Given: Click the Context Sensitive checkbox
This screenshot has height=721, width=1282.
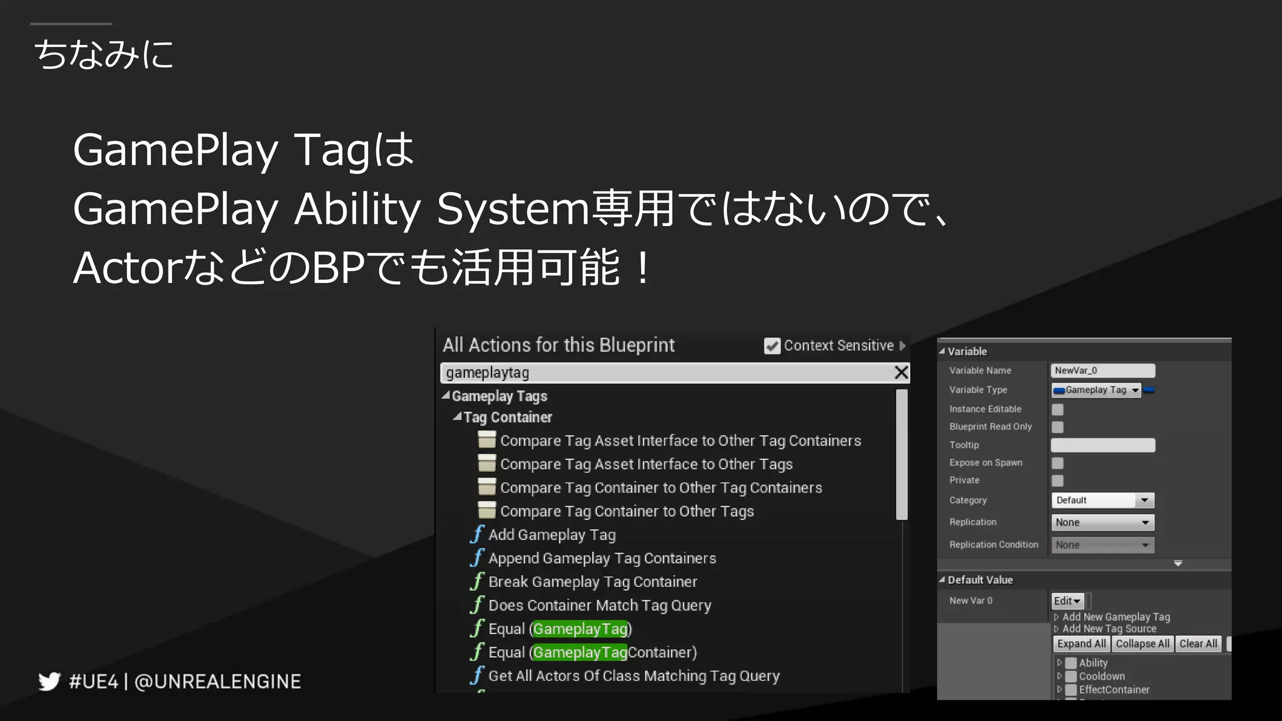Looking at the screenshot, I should [772, 346].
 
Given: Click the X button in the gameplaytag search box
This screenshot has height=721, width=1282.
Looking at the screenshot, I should [901, 372].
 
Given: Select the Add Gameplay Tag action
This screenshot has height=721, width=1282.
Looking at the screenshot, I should [551, 534].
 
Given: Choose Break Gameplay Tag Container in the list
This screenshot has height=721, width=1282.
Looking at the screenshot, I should [592, 581].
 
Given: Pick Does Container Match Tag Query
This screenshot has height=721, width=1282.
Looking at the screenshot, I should [599, 605].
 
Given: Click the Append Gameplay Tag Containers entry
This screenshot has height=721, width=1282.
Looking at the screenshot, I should [602, 558].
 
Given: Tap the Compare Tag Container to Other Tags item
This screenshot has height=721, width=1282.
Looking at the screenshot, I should [627, 511].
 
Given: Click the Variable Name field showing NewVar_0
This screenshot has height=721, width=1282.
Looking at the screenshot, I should [1102, 371].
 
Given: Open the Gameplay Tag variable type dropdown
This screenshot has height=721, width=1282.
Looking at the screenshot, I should [1097, 390].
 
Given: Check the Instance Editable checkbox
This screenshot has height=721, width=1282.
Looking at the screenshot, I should [1058, 409].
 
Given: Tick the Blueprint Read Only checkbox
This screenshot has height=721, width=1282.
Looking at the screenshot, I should [1058, 427].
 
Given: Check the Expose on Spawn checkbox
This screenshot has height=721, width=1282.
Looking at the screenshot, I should [1058, 463].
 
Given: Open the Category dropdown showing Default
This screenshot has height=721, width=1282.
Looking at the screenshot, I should [1102, 500].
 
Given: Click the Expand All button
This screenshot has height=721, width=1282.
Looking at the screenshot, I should [1081, 643].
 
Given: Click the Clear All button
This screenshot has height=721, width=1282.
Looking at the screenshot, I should [1198, 643].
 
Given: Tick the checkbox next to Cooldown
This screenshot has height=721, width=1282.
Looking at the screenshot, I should [1071, 676].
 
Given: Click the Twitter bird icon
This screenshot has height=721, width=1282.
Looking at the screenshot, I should [49, 681].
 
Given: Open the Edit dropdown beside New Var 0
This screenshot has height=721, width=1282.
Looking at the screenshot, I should [1067, 601].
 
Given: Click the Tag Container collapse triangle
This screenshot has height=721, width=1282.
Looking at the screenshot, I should [458, 416].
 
